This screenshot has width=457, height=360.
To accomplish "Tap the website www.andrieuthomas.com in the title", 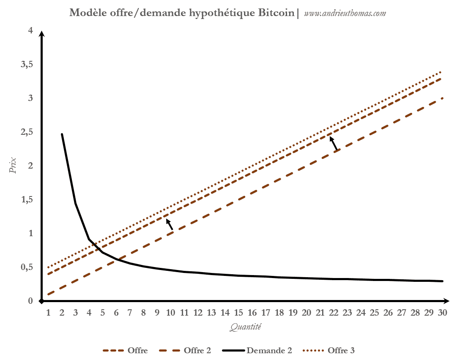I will tap(345, 13).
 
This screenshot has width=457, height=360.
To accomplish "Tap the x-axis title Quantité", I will tap(246, 327).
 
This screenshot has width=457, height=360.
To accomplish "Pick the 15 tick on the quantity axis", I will tap(239, 313).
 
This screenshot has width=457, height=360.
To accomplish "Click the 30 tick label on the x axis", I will tap(443, 313).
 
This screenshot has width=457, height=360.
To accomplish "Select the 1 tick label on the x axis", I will tap(48, 313).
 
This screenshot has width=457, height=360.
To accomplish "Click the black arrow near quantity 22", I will tap(334, 143).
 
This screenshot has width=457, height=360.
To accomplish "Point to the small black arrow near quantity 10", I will tap(169, 224).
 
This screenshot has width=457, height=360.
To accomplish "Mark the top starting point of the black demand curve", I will tap(62, 134).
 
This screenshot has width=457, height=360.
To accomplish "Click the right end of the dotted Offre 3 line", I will tap(442, 72).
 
